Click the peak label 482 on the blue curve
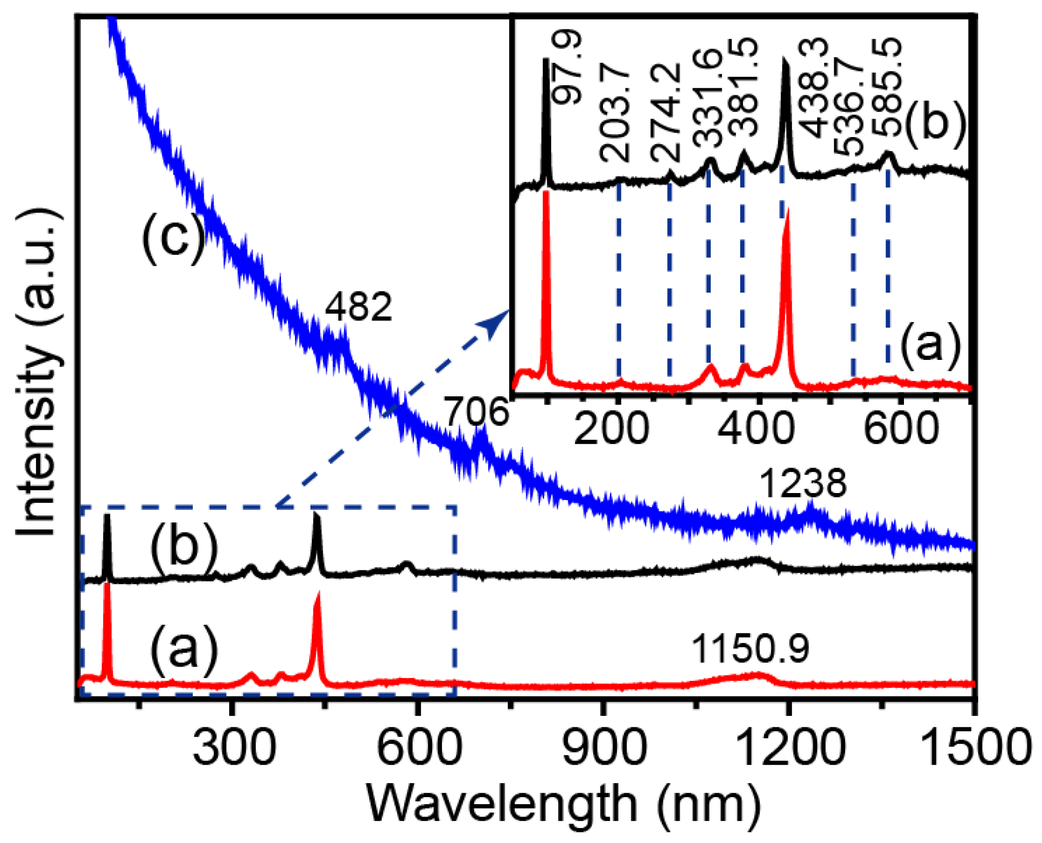358,307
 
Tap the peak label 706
476,412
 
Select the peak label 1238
803,484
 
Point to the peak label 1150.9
750,649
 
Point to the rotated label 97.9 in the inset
567,67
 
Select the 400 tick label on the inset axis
755,429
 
